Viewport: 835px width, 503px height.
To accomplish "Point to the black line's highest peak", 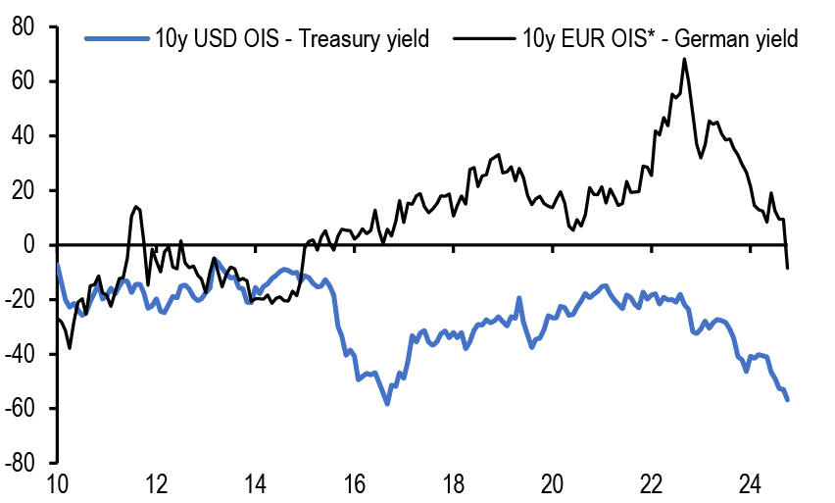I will pos(684,59).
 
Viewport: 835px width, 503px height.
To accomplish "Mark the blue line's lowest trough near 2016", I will pos(388,403).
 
